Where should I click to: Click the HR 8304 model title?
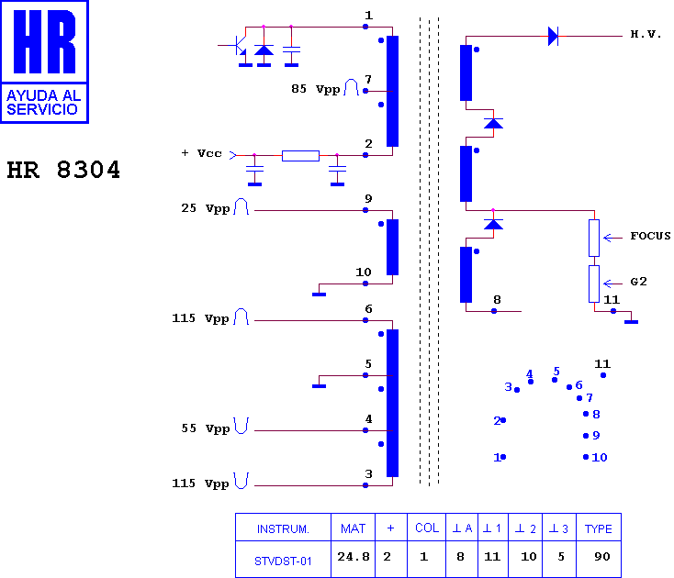(x=63, y=169)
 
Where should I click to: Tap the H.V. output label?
(x=646, y=34)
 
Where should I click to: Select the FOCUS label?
(x=650, y=236)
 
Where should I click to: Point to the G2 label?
(x=638, y=282)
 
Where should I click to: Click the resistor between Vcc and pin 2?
(x=300, y=155)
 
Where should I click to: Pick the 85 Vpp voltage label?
(x=316, y=89)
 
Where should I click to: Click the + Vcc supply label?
(x=202, y=153)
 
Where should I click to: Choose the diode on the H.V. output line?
(x=553, y=36)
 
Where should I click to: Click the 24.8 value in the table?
(x=354, y=557)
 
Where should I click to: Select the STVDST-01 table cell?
(x=283, y=561)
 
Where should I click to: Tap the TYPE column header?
(x=599, y=528)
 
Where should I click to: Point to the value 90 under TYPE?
(x=601, y=557)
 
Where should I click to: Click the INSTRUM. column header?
(x=283, y=528)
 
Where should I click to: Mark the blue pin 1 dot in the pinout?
(x=503, y=457)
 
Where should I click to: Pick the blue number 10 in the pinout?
(x=600, y=457)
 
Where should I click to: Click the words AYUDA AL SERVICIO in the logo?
(x=43, y=102)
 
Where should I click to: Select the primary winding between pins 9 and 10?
(x=392, y=247)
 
